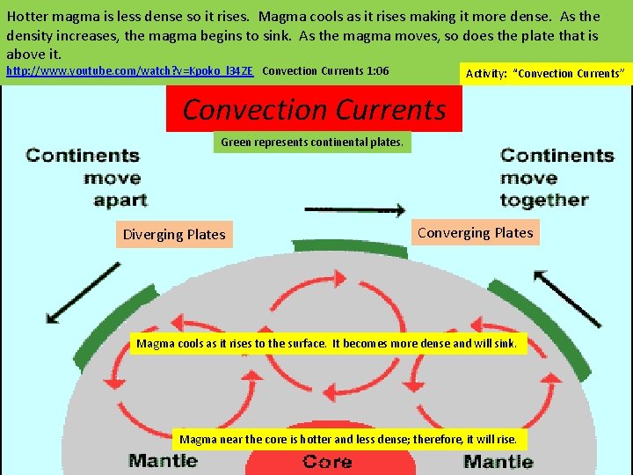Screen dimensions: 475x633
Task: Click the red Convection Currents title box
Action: click(x=314, y=110)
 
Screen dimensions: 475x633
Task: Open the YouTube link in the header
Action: click(x=130, y=71)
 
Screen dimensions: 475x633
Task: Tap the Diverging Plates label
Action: click(x=174, y=235)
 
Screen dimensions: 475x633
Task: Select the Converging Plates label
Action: click(x=475, y=233)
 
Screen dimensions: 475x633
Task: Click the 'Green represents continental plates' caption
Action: click(x=312, y=142)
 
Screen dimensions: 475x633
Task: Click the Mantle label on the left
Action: click(x=163, y=460)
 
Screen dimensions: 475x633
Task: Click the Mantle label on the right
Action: click(x=498, y=461)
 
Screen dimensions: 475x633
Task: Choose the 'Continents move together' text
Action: click(x=556, y=178)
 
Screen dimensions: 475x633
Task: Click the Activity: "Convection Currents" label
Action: click(x=546, y=73)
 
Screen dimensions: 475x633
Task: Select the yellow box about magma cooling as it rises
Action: click(x=327, y=344)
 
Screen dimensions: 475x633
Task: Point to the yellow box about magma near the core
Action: click(x=349, y=439)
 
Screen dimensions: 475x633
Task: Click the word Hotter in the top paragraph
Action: click(x=29, y=17)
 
